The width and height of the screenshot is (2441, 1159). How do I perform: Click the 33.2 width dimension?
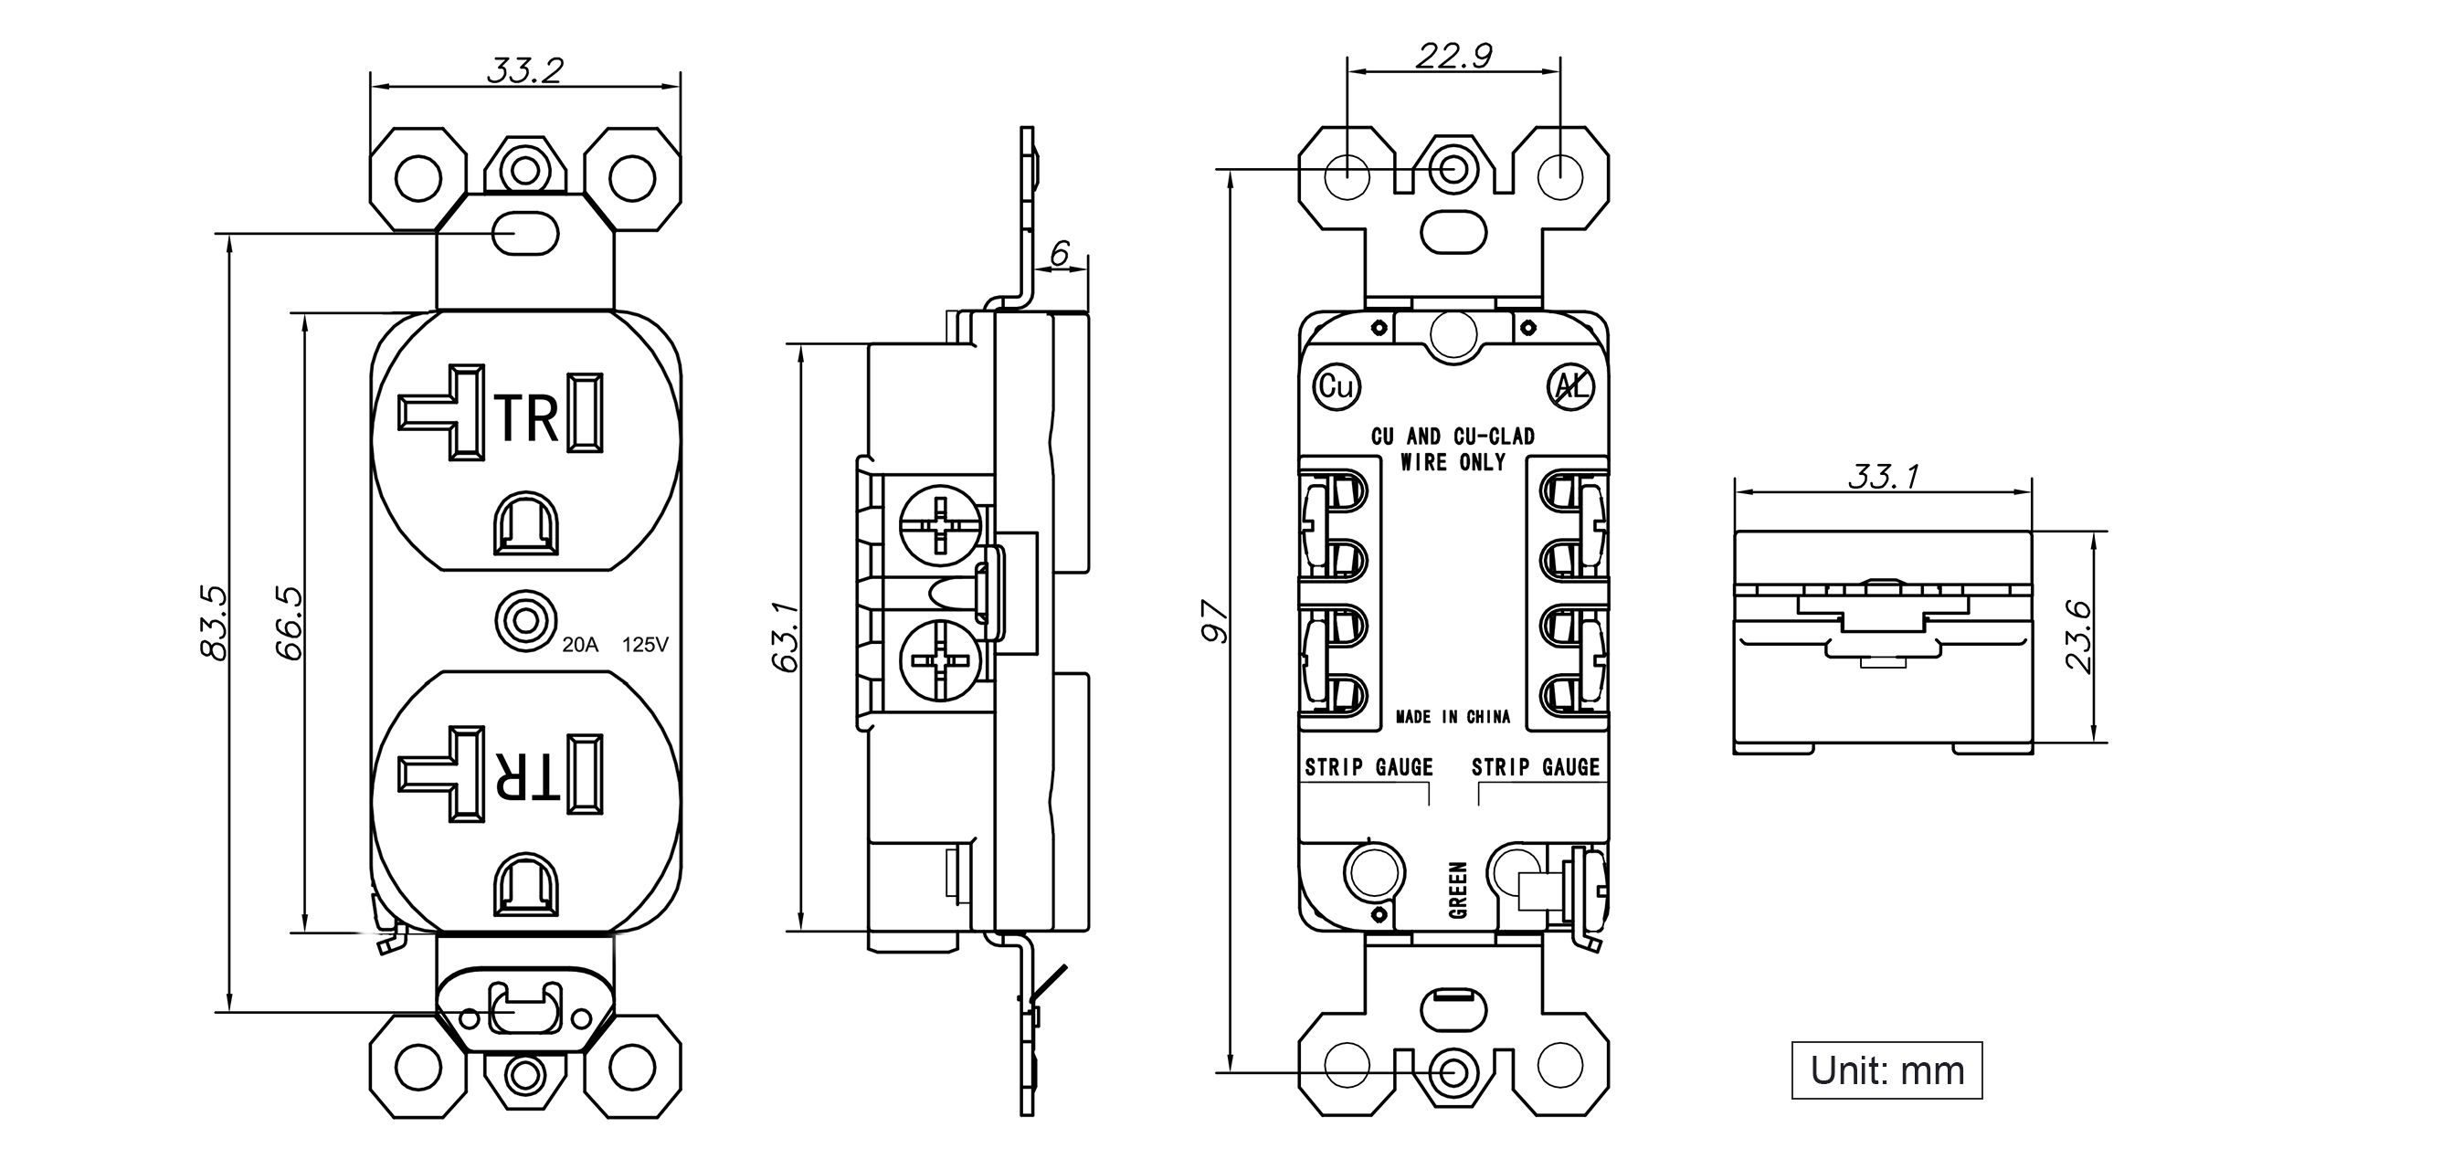[525, 70]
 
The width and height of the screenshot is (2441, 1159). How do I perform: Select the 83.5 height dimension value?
[214, 623]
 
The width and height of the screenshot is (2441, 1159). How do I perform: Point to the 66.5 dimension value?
[289, 623]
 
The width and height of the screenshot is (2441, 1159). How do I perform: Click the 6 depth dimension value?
[1061, 253]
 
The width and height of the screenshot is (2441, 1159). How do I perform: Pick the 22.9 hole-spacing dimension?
[1454, 55]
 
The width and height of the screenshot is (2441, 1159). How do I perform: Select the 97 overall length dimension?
[1215, 621]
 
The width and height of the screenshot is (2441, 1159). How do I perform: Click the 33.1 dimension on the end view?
[1883, 476]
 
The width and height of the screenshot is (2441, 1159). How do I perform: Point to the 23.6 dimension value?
[2077, 635]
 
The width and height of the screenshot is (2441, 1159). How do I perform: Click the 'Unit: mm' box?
[1886, 1069]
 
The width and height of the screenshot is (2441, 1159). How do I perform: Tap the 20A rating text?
[581, 645]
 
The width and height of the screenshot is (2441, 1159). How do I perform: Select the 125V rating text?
[645, 645]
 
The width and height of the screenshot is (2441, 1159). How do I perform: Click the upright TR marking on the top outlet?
[528, 418]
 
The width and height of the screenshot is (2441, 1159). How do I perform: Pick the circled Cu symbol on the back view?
[1337, 385]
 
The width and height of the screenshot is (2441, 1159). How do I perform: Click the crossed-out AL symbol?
[1570, 385]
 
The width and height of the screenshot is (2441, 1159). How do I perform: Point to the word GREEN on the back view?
[1457, 890]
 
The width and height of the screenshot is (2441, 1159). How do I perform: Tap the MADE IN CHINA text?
[1453, 716]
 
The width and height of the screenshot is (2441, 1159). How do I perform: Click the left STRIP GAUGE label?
[1368, 766]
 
